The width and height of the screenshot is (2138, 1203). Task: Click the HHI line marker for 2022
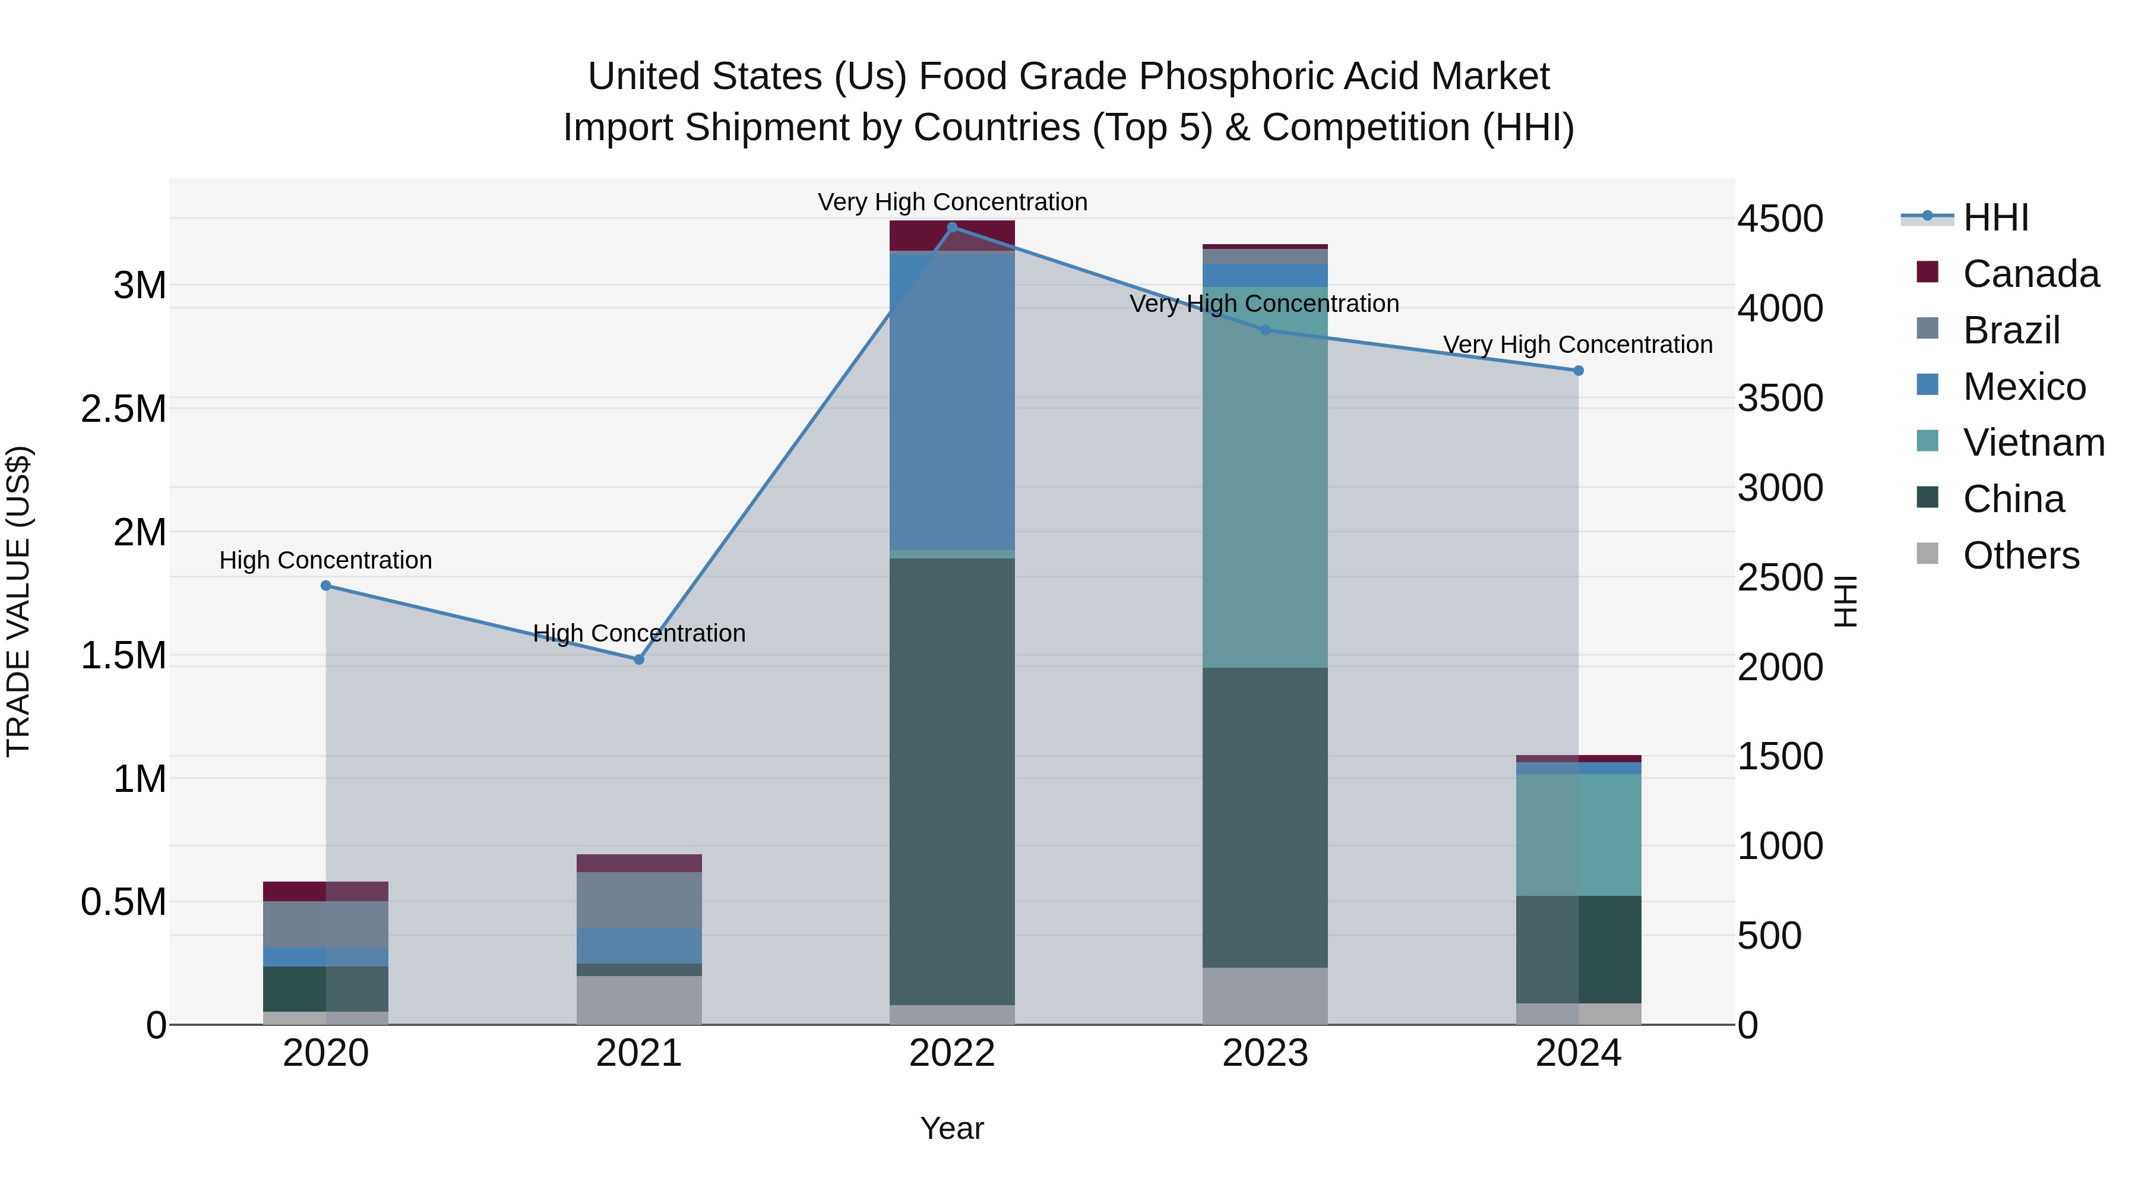pyautogui.click(x=952, y=227)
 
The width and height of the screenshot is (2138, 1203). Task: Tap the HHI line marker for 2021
pyautogui.click(x=639, y=659)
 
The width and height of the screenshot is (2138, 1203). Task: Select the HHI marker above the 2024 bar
pyautogui.click(x=1579, y=370)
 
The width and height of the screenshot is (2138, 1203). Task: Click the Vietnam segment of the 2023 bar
pyautogui.click(x=1265, y=478)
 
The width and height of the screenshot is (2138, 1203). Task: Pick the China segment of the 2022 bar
pyautogui.click(x=952, y=781)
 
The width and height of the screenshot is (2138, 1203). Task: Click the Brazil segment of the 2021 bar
pyautogui.click(x=639, y=899)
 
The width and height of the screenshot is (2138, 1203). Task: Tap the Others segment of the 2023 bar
pyautogui.click(x=1265, y=996)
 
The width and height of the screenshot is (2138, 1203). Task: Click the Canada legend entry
pyautogui.click(x=2030, y=274)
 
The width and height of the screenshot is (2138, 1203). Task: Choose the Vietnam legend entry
pyautogui.click(x=2033, y=443)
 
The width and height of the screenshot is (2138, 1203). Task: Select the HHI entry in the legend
pyautogui.click(x=1995, y=217)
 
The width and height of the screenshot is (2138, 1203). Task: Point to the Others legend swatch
pyautogui.click(x=1927, y=554)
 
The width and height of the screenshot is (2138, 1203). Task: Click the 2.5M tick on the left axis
pyautogui.click(x=124, y=409)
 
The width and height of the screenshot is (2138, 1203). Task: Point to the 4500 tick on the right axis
pyautogui.click(x=1780, y=219)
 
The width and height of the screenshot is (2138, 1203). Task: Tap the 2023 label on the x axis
pyautogui.click(x=1265, y=1053)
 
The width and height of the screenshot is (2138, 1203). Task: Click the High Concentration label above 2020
pyautogui.click(x=325, y=560)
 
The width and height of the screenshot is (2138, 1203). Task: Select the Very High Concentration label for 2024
pyautogui.click(x=1578, y=345)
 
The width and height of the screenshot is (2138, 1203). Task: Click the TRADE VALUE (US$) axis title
pyautogui.click(x=18, y=601)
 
